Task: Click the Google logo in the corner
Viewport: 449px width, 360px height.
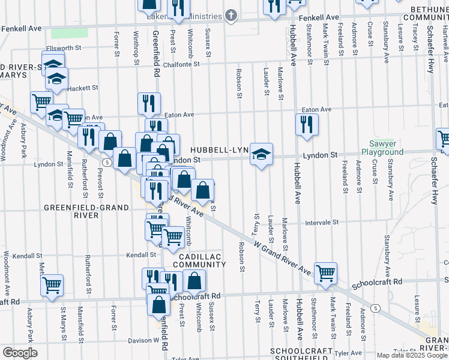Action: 19,353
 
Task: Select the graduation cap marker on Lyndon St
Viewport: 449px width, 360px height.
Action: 261,154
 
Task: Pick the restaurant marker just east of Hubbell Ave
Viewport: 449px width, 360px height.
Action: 307,125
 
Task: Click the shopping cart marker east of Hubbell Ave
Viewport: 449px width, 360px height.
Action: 326,273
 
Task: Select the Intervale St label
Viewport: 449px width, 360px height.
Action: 322,222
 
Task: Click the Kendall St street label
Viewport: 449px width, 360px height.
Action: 141,255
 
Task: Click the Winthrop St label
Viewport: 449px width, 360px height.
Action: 134,43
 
